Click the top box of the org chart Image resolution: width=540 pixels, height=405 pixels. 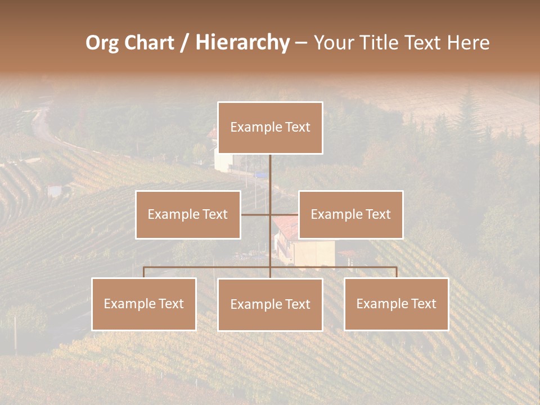pos(270,128)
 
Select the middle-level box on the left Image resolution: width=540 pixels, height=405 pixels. pos(188,215)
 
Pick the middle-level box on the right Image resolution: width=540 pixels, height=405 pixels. pos(350,215)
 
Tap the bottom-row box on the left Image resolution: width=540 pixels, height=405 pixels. pos(143,304)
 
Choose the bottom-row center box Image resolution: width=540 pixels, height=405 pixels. pos(270,305)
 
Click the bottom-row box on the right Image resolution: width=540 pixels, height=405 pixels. pos(396,304)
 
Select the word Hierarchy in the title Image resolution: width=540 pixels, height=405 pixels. pos(242,43)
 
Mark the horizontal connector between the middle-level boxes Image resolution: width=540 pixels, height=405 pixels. pos(270,214)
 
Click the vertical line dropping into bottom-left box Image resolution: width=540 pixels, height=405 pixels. pos(143,272)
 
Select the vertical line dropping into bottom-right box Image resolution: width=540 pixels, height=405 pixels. pos(396,272)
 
